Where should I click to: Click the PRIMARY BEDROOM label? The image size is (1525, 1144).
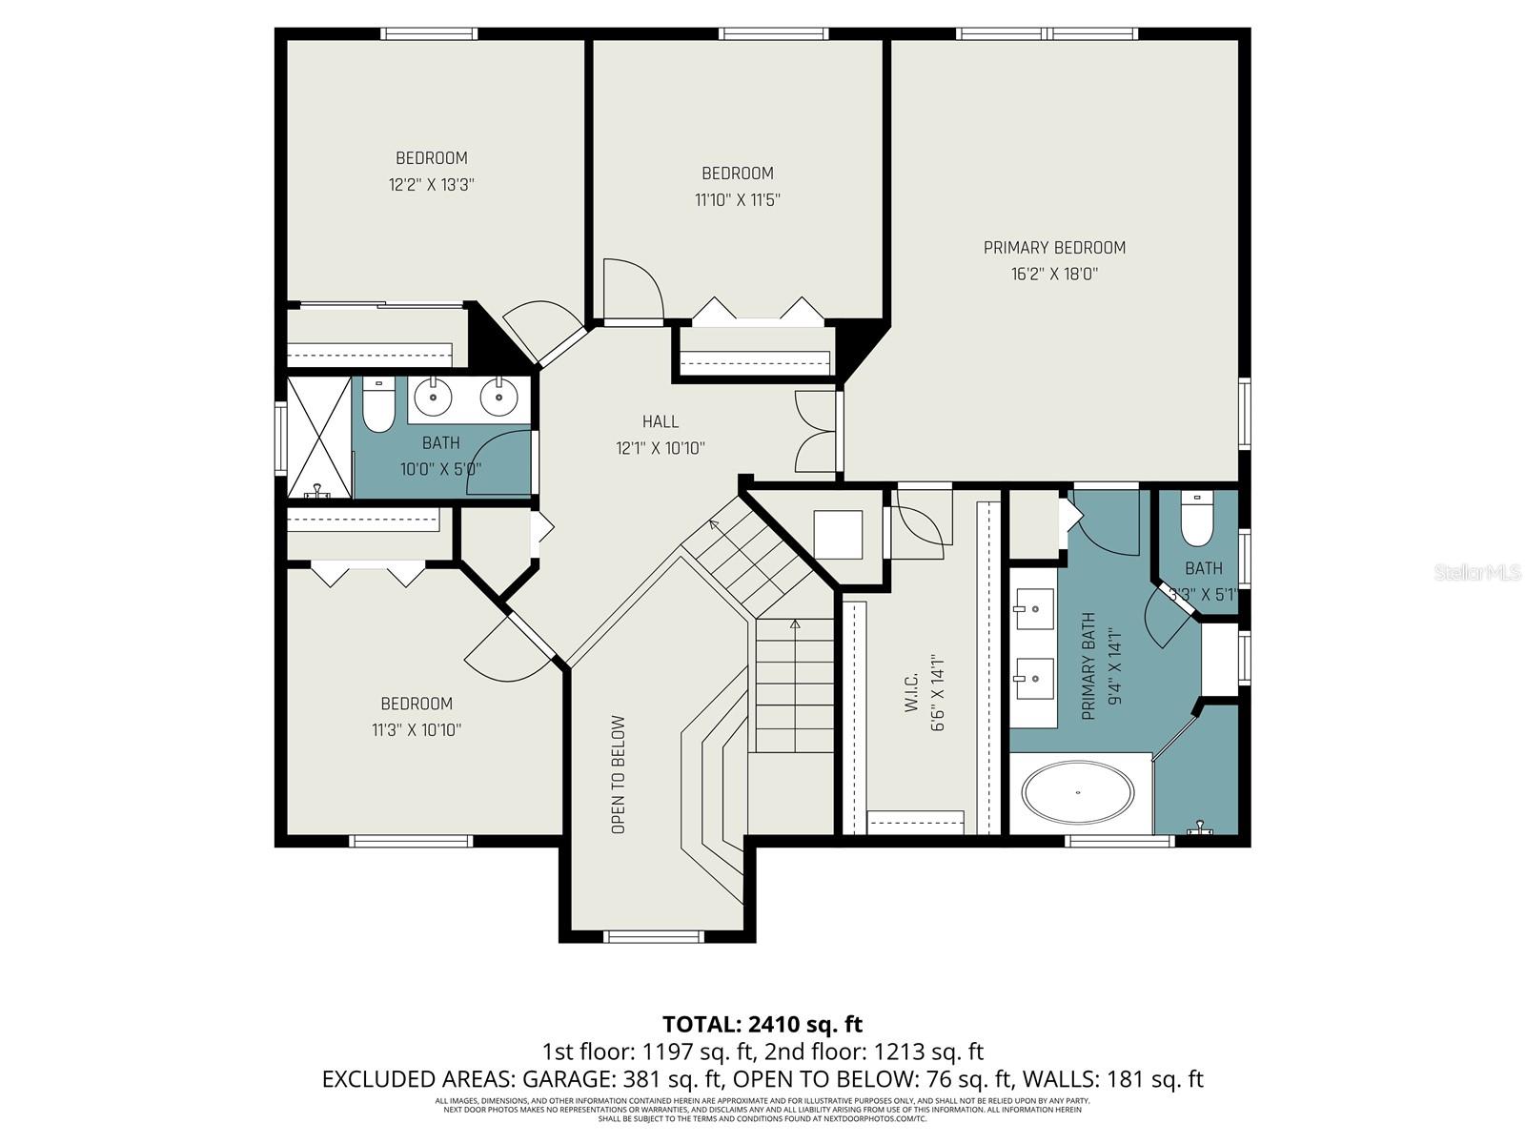[x=1054, y=248]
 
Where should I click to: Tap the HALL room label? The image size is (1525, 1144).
[x=661, y=421]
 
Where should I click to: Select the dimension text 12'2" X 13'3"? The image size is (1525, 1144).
[x=431, y=185]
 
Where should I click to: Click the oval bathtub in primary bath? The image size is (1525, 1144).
[x=1078, y=792]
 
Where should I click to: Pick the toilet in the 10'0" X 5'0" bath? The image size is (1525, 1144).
[x=379, y=407]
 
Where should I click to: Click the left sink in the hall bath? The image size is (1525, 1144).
[x=433, y=396]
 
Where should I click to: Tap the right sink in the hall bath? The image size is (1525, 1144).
[x=498, y=396]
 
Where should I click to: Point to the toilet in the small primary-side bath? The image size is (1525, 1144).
[x=1195, y=518]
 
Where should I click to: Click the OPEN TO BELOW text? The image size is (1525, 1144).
[x=619, y=775]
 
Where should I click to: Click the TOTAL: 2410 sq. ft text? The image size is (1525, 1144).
[x=762, y=1025]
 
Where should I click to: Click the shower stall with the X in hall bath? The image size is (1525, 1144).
[x=319, y=437]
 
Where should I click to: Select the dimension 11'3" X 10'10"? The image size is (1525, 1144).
[x=417, y=730]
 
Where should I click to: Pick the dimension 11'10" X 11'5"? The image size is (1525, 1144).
[x=738, y=200]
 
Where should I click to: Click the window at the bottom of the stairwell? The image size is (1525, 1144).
[x=656, y=936]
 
